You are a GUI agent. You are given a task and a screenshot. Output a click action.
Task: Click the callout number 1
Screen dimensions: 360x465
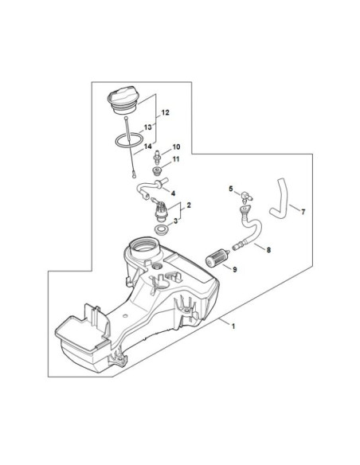coord(233,326)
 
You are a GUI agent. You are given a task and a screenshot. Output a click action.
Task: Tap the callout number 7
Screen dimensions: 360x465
coord(303,212)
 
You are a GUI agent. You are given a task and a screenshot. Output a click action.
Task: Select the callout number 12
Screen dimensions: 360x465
coord(165,113)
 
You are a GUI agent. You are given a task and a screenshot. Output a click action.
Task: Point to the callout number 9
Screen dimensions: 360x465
coord(235,270)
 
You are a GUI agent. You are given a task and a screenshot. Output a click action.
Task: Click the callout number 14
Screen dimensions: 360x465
coord(148,147)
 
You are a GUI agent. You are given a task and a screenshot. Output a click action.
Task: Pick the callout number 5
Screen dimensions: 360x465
coord(231,189)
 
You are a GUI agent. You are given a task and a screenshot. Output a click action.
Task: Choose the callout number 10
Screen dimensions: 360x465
coord(176,147)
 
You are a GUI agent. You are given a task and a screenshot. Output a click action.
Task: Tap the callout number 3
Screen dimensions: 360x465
coord(175,221)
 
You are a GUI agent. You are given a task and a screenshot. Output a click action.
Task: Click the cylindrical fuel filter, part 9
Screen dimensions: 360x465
coord(217,259)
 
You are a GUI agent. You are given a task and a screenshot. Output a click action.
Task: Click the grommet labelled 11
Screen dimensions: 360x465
coord(156,171)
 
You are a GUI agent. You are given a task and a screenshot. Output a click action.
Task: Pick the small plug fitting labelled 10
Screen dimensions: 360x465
coord(156,157)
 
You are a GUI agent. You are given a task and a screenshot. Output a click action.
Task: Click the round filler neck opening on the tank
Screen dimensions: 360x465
coord(145,245)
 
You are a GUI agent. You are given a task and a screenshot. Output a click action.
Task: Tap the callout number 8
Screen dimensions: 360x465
coord(268,250)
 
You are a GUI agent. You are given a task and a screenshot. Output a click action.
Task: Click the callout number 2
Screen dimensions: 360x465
coord(189,205)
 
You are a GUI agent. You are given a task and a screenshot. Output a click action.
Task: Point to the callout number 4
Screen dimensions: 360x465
coord(173,193)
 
